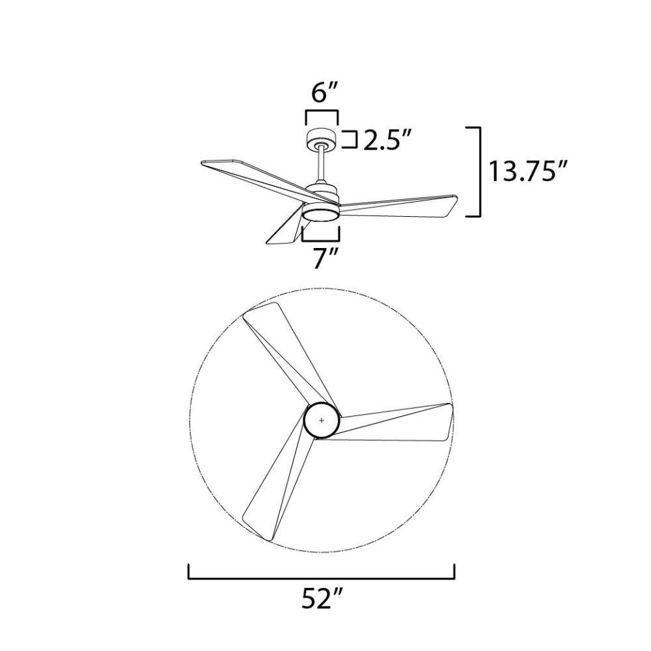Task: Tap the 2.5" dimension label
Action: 388,141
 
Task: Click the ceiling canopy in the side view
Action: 322,139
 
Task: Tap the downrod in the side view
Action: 322,165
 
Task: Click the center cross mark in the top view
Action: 322,421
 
